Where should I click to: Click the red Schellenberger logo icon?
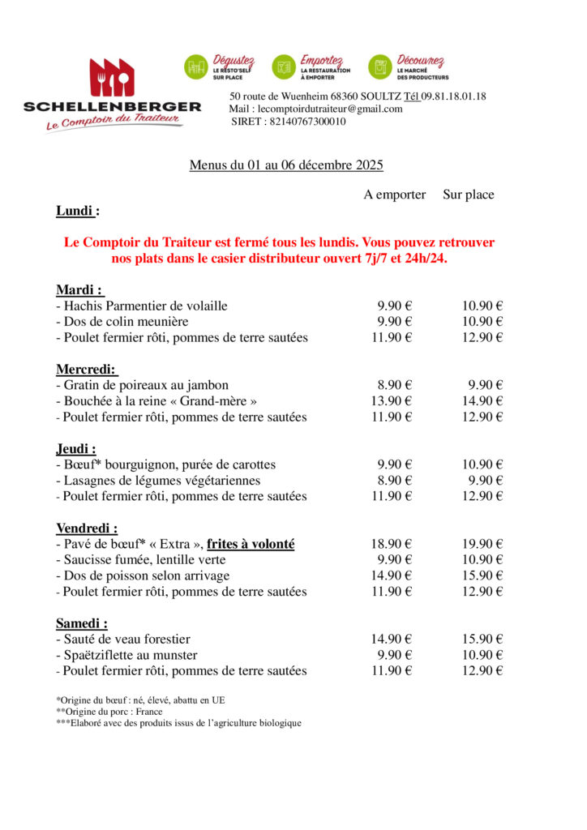coord(112,78)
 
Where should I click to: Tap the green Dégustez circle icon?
coord(195,67)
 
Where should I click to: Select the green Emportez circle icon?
coord(284,67)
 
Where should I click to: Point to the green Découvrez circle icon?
coord(380,67)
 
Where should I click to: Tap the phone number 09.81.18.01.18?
coord(453,96)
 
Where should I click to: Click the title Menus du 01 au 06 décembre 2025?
coord(286,165)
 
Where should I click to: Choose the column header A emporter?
coord(394,195)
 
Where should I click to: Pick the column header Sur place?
coord(468,195)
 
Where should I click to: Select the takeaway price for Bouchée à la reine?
coord(392,401)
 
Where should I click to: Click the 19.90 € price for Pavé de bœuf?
coord(482,545)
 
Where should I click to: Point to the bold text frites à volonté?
coord(251,545)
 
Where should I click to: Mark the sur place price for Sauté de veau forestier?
coord(482,640)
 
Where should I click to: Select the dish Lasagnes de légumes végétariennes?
coord(160,481)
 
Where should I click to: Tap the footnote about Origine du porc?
coord(109,712)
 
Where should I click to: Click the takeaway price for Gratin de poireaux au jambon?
coord(395,385)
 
